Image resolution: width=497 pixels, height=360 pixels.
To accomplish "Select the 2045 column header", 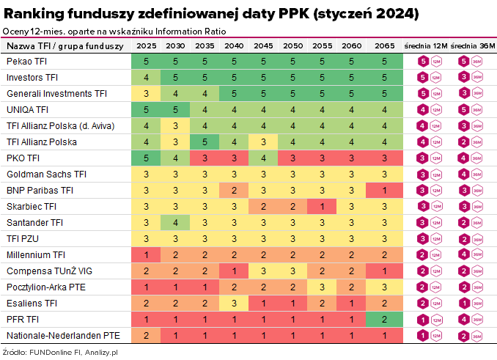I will tap(263, 46).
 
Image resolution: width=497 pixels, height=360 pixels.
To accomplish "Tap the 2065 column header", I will tap(383, 46).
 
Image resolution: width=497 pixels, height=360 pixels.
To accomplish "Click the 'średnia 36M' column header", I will tap(472, 46).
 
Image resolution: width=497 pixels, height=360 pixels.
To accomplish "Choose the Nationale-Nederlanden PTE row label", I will tap(63, 336).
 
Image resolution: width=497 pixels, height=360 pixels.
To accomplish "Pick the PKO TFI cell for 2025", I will tap(147, 158).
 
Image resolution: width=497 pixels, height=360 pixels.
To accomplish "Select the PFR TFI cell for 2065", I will tap(383, 320).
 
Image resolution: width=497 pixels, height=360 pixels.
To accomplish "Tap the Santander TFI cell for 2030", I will tap(175, 223).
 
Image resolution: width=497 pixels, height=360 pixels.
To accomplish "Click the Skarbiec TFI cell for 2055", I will tap(322, 207).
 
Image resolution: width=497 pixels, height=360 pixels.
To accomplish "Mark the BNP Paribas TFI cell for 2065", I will tap(383, 191).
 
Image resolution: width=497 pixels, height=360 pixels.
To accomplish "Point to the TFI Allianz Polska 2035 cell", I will tap(205, 142).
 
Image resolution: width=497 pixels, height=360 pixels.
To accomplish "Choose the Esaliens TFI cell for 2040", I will tap(234, 304).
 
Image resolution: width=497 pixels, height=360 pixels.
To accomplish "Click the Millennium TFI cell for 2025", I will tap(147, 255).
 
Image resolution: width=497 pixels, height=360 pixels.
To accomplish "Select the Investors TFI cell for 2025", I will tap(147, 78).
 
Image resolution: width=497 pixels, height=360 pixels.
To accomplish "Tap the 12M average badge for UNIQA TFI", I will tap(422, 110).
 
